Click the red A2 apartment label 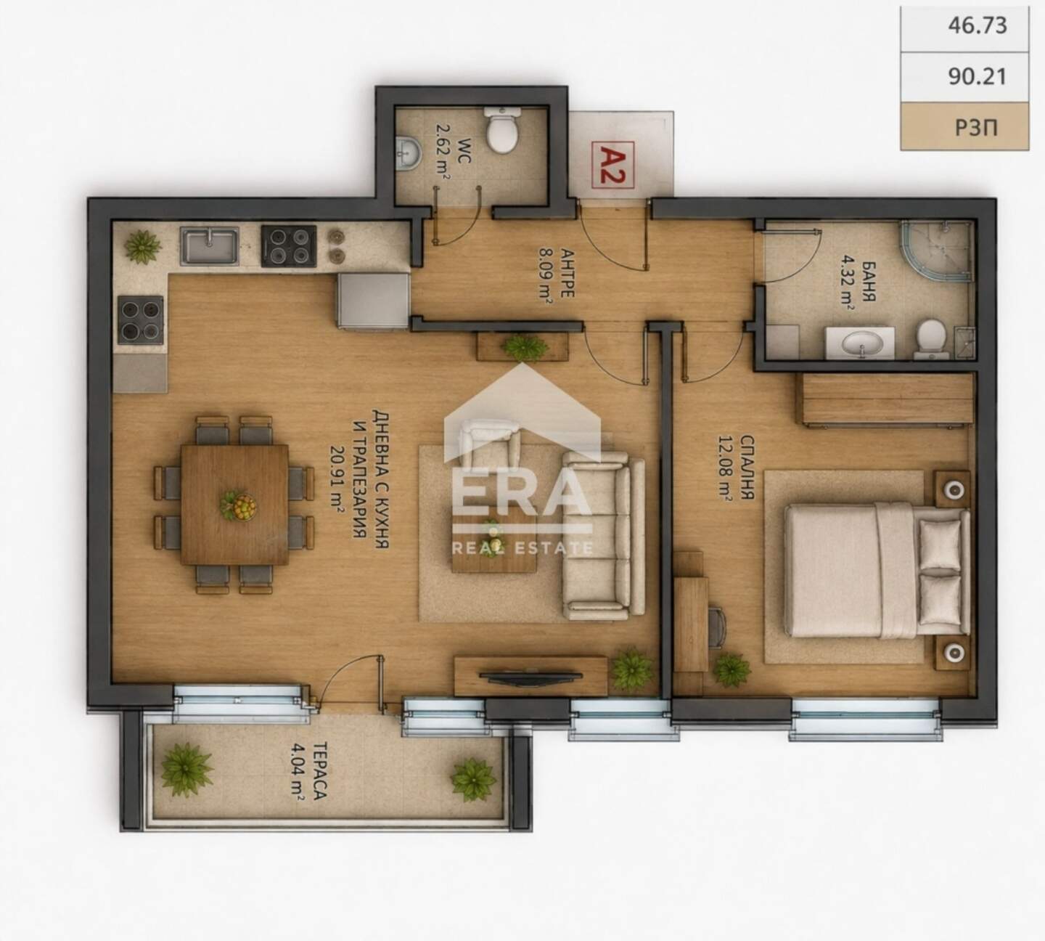(612, 164)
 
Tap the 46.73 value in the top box (977, 25)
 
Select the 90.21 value (977, 77)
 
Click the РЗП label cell (964, 126)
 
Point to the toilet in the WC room (502, 130)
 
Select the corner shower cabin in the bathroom (937, 251)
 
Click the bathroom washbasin (860, 343)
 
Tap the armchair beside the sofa (490, 444)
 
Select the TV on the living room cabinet (530, 677)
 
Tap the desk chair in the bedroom (717, 627)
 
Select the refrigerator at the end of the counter (374, 301)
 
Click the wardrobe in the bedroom (884, 399)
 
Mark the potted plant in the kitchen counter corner (142, 246)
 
